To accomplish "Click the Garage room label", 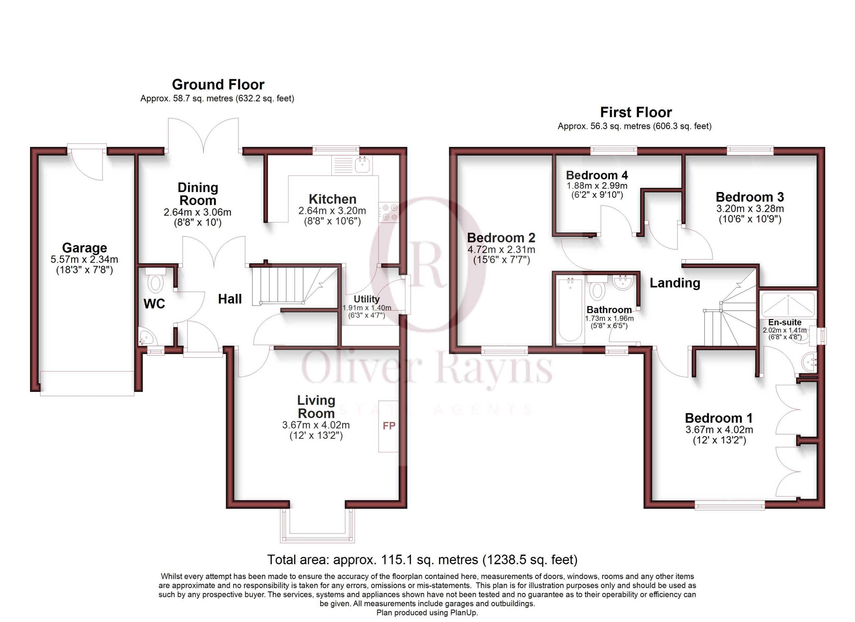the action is tap(84, 248).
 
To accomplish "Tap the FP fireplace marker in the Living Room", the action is tap(389, 426).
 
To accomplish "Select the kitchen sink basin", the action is tap(362, 165).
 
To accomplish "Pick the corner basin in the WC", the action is tap(146, 337).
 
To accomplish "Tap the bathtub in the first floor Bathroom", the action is tap(570, 310).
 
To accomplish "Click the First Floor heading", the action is tap(636, 112).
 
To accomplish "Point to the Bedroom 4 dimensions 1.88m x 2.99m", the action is tap(597, 186).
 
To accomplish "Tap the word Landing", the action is tap(675, 283).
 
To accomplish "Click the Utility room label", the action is tap(366, 299).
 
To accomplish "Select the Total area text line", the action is tap(422, 560).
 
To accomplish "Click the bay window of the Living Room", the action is tap(317, 525).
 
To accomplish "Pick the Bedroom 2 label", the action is tap(501, 238).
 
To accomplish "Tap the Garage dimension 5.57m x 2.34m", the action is tap(84, 259).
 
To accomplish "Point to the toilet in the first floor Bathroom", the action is tap(597, 288).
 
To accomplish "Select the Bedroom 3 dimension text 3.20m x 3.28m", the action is tap(750, 208).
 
